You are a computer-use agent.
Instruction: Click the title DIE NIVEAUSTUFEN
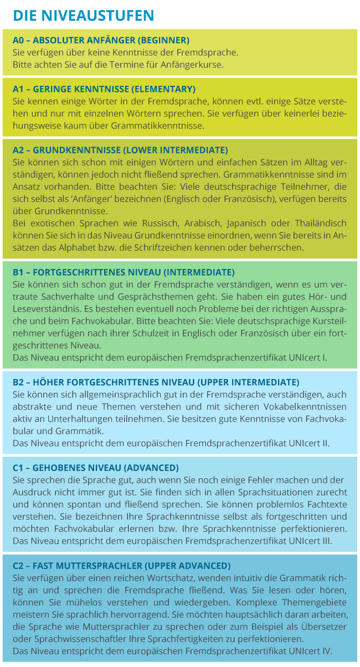(83, 15)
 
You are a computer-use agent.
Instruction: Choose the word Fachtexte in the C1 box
(326, 504)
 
